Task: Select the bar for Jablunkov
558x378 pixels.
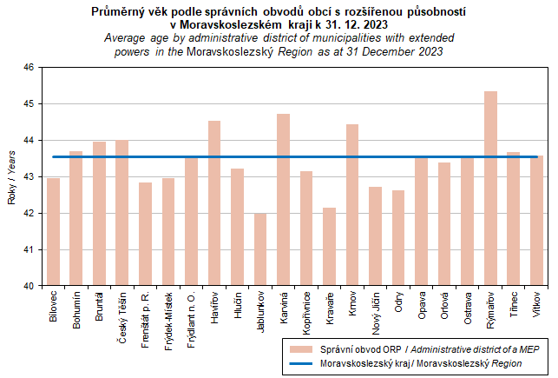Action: pyautogui.click(x=260, y=249)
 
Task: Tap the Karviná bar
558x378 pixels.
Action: pyautogui.click(x=283, y=199)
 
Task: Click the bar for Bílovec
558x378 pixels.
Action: pyautogui.click(x=54, y=231)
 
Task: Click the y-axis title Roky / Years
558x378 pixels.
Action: pyautogui.click(x=12, y=176)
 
